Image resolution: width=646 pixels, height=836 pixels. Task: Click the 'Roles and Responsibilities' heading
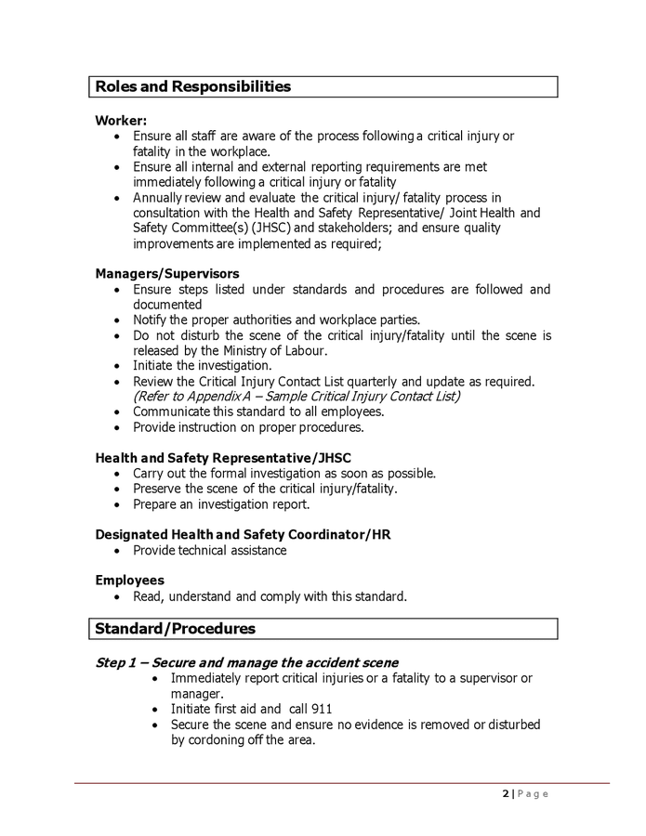[193, 86]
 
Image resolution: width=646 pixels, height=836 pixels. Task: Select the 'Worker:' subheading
[121, 120]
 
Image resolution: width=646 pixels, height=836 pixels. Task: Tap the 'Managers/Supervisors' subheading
[167, 273]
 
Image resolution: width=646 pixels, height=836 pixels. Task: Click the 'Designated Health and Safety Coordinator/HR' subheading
[244, 534]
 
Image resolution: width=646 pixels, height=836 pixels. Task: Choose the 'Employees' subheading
[129, 580]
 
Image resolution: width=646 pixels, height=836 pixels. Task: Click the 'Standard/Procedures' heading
[175, 629]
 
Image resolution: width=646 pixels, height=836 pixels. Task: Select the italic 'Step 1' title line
[246, 662]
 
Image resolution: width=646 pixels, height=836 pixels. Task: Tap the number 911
[321, 708]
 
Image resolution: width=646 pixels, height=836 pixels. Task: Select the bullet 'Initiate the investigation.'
[202, 365]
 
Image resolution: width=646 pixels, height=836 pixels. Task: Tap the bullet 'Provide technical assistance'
[209, 550]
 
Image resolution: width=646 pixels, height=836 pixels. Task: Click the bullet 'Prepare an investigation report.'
[220, 504]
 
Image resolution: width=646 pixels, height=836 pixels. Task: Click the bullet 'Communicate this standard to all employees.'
[257, 411]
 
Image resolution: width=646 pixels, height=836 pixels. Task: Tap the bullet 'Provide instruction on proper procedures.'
[247, 427]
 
